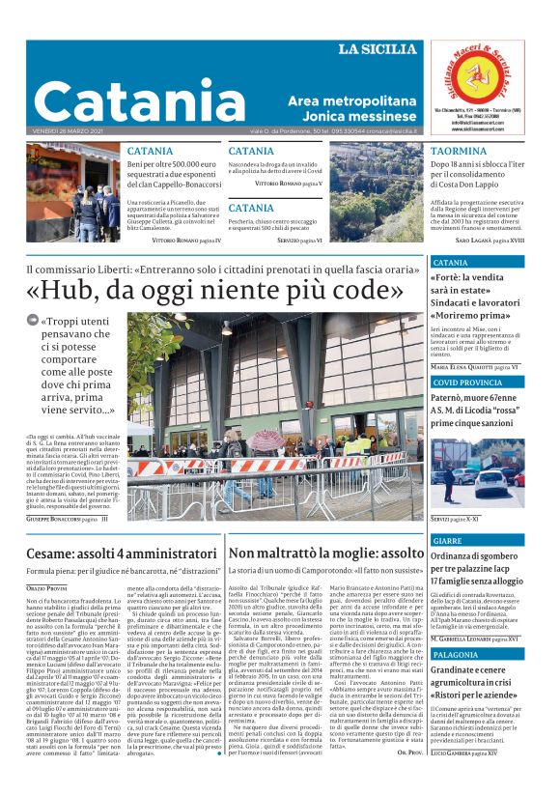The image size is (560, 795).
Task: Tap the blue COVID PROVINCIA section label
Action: (x=468, y=383)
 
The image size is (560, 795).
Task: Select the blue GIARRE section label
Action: (x=448, y=541)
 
